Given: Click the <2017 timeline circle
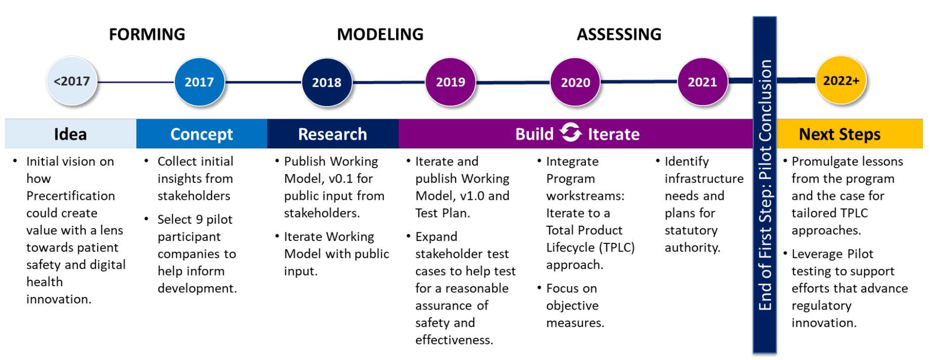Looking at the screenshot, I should (x=72, y=81).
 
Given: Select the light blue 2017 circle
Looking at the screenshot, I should (x=199, y=82).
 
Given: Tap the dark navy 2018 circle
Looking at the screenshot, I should (x=326, y=82).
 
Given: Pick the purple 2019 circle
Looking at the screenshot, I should (x=450, y=82).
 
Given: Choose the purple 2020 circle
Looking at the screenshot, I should (x=575, y=82).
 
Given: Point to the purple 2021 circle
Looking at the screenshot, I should (x=702, y=82).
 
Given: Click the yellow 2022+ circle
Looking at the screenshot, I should (x=841, y=81).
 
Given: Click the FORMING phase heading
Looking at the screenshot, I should (x=147, y=34).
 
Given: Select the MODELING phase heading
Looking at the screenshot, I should (x=380, y=34).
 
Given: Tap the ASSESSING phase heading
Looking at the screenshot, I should (x=619, y=34).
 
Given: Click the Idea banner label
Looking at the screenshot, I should (x=70, y=134).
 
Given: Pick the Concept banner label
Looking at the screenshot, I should (x=202, y=134).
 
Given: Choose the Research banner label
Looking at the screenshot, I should (x=332, y=134).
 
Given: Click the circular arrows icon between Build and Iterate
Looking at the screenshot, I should (x=571, y=133).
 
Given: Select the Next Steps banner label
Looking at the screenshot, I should (x=840, y=134).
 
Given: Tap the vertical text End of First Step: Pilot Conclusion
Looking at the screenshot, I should (x=765, y=184).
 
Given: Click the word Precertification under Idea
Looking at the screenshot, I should (x=71, y=196).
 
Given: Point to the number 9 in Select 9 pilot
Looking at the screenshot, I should (x=199, y=220).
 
